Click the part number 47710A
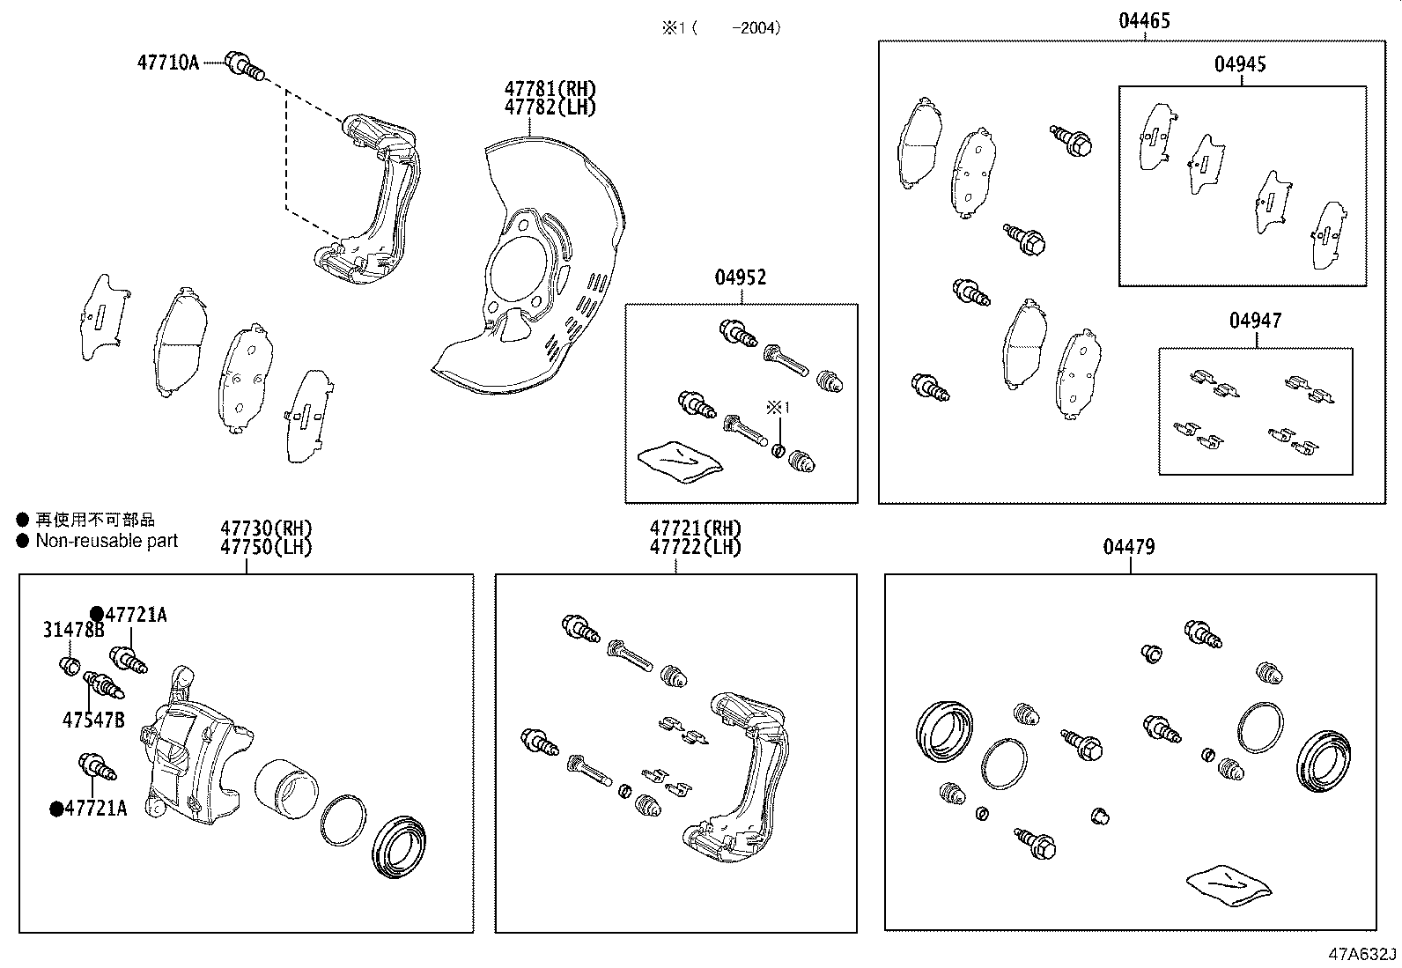tap(168, 63)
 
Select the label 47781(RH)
tap(550, 89)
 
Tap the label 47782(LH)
tap(550, 107)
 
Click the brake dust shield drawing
tap(537, 273)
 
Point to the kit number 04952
tap(740, 277)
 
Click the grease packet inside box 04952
tap(680, 460)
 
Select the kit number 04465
tap(1144, 21)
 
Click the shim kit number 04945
tap(1240, 64)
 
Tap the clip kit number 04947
tap(1255, 321)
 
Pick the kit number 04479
tap(1129, 547)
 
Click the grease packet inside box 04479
tap(1229, 883)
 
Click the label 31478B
tap(73, 629)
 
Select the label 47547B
tap(93, 720)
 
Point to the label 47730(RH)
tap(266, 528)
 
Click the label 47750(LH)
tap(266, 547)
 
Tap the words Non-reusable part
tap(107, 541)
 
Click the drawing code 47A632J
tap(1362, 955)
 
